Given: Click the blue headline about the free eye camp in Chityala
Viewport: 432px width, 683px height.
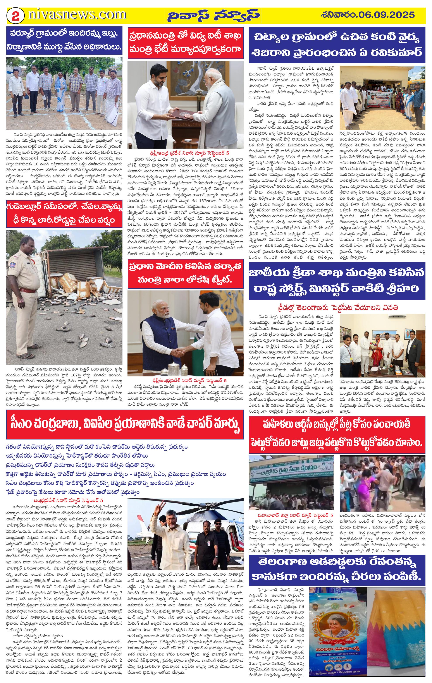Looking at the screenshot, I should [337, 45].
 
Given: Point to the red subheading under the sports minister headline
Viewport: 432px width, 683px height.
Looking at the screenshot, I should [337, 307].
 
